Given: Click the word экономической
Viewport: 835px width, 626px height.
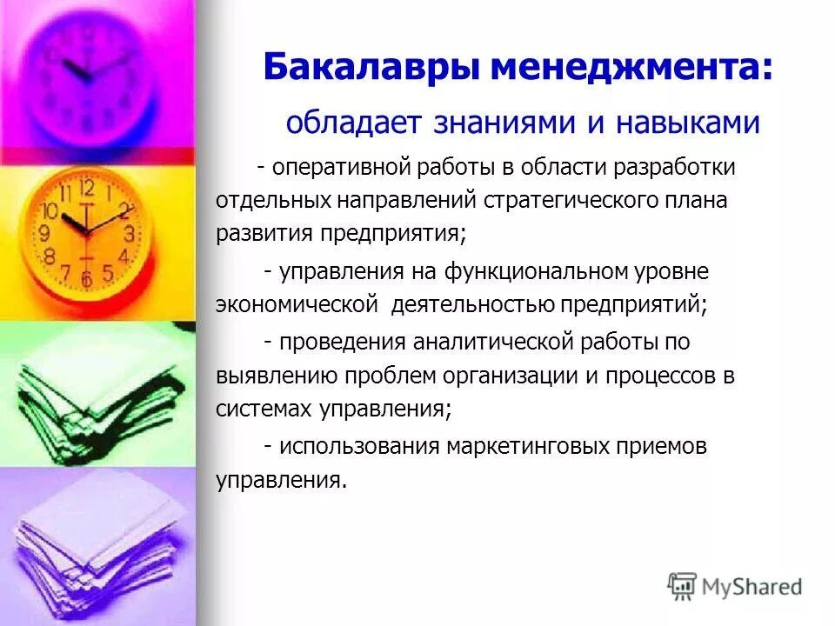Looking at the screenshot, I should (297, 305).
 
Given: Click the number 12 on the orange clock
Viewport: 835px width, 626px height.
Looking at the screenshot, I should (86, 188).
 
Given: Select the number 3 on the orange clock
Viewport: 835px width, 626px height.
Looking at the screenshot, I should (128, 233).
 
